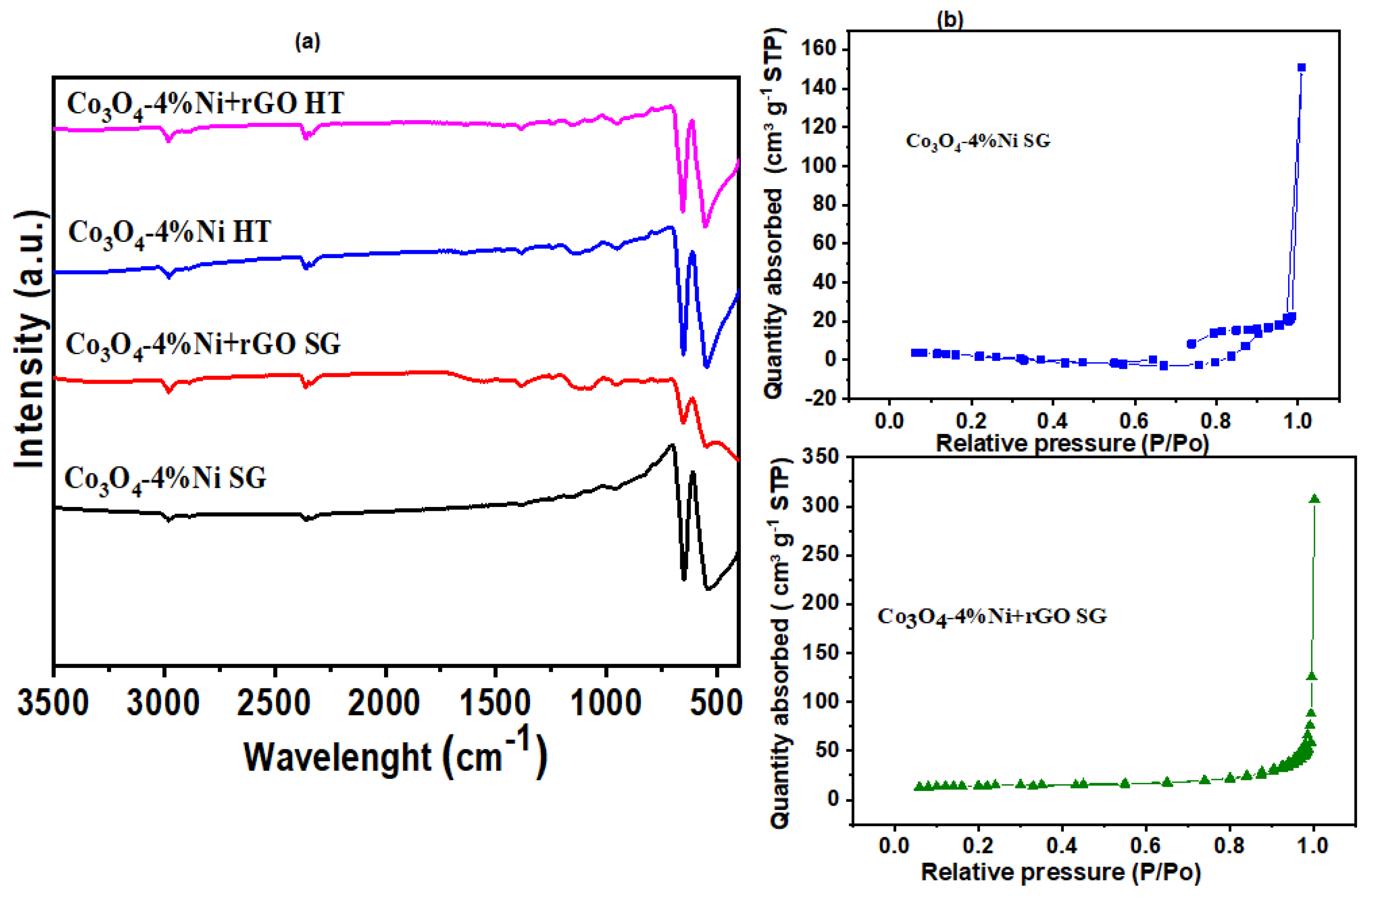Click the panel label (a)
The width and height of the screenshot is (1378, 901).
click(x=308, y=42)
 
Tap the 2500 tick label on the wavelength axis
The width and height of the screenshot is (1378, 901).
click(x=275, y=703)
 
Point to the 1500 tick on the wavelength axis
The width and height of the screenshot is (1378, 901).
click(x=495, y=703)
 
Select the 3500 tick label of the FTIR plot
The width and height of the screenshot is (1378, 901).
click(x=53, y=703)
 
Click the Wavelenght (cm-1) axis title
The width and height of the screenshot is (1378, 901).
click(x=395, y=753)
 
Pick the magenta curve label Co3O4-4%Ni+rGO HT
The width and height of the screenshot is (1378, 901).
click(x=206, y=105)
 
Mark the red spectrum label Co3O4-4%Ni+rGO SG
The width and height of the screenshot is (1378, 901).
click(x=203, y=346)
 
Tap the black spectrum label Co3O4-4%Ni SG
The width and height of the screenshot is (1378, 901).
click(x=165, y=480)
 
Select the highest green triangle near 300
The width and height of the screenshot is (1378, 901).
click(x=1314, y=499)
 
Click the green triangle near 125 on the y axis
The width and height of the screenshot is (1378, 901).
click(x=1312, y=676)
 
